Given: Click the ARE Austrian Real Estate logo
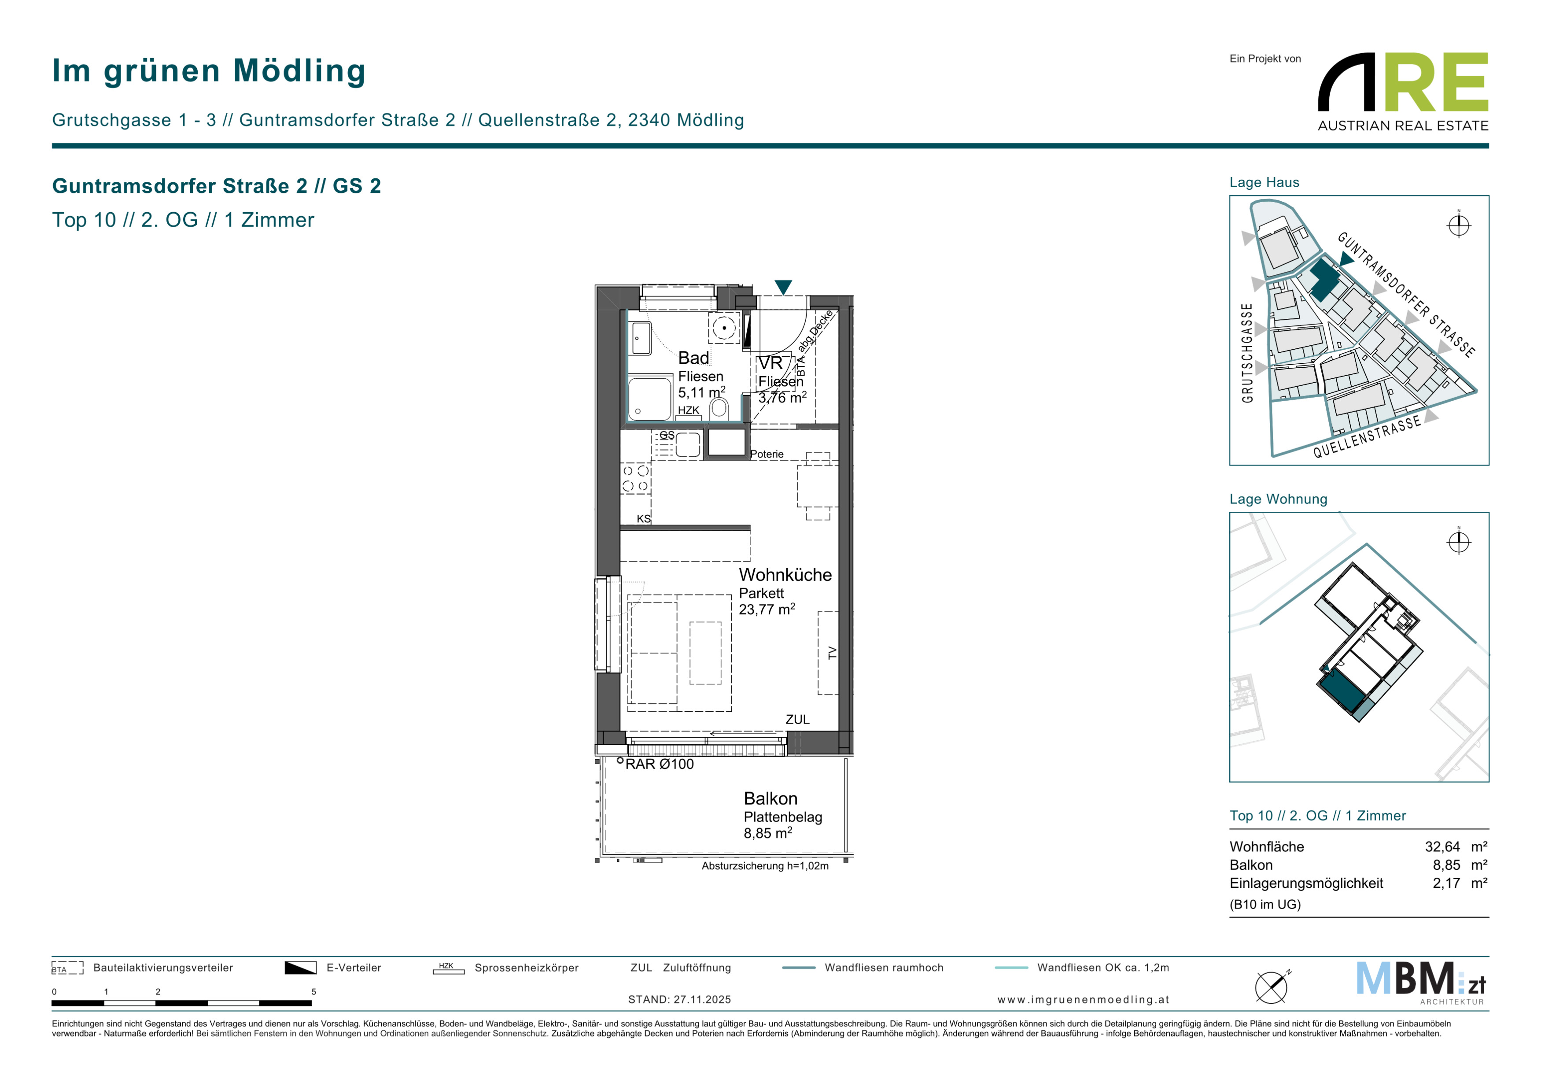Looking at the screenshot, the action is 1403,92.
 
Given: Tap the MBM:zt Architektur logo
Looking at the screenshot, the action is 1420,983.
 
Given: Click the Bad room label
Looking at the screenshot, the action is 693,358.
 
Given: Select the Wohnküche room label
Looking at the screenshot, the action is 785,575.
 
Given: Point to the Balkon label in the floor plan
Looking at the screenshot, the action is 770,799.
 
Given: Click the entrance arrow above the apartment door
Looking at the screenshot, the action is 783,287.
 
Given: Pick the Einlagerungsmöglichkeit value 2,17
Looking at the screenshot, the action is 1446,883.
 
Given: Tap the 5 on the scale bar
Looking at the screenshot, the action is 313,992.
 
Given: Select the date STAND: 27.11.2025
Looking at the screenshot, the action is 679,999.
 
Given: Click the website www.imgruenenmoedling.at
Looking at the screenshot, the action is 1083,999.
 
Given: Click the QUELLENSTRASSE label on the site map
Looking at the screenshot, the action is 1367,436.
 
